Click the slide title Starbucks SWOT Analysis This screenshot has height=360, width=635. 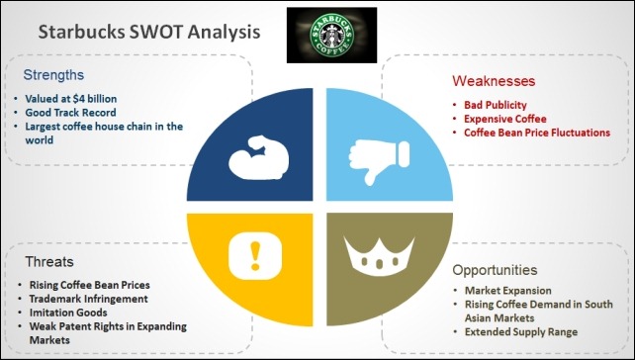click(x=149, y=32)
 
